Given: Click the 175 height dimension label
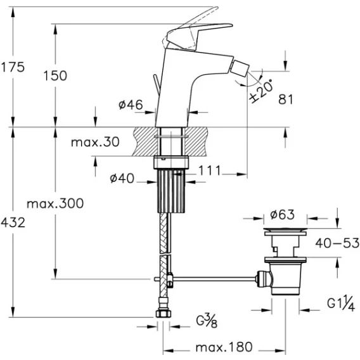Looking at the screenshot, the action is pyautogui.click(x=13, y=67).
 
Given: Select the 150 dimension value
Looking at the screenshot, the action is pyautogui.click(x=55, y=76).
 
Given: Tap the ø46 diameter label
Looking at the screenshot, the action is pyautogui.click(x=131, y=105).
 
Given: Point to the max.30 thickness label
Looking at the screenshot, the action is pyautogui.click(x=95, y=142).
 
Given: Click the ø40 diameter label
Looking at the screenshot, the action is pyautogui.click(x=122, y=178).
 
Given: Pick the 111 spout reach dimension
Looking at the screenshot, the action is pyautogui.click(x=209, y=170).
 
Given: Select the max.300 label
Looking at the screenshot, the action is pyautogui.click(x=55, y=203).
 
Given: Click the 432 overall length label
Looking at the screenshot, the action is pyautogui.click(x=13, y=222).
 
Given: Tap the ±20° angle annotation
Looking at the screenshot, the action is pyautogui.click(x=262, y=91).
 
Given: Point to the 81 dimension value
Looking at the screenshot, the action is pyautogui.click(x=286, y=100).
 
